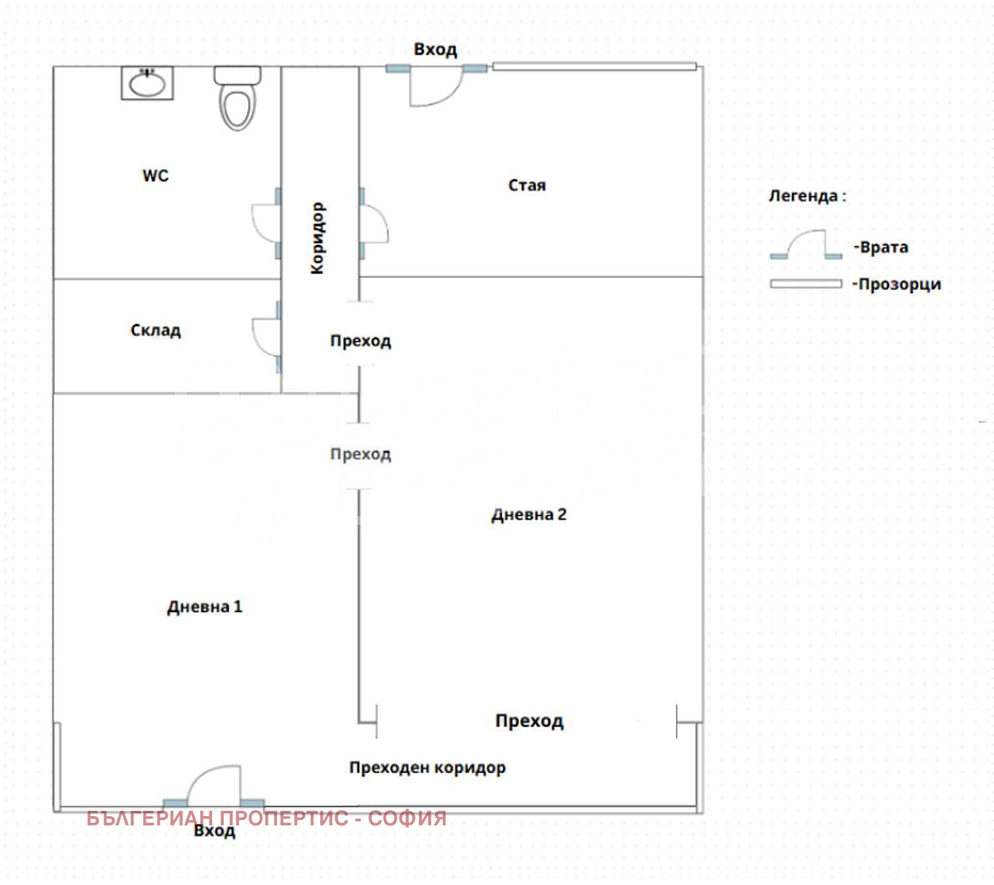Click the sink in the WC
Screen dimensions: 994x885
(x=146, y=83)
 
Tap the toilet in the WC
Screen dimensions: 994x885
(x=237, y=98)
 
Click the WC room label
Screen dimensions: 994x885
(x=155, y=175)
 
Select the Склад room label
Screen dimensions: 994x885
(x=156, y=330)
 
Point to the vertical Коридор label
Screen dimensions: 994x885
(x=317, y=238)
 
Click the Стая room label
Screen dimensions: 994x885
(x=526, y=185)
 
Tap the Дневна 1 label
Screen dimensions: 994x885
(x=205, y=607)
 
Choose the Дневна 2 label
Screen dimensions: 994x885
(x=528, y=515)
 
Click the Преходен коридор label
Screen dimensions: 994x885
(x=427, y=767)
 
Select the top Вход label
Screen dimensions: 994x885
(x=435, y=50)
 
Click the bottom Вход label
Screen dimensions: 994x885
(x=215, y=831)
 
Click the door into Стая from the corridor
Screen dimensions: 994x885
(x=374, y=223)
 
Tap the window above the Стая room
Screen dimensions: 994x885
(x=594, y=66)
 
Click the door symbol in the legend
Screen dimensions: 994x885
(x=806, y=244)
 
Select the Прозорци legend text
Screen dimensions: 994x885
(x=897, y=284)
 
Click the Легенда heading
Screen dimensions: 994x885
(x=807, y=195)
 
